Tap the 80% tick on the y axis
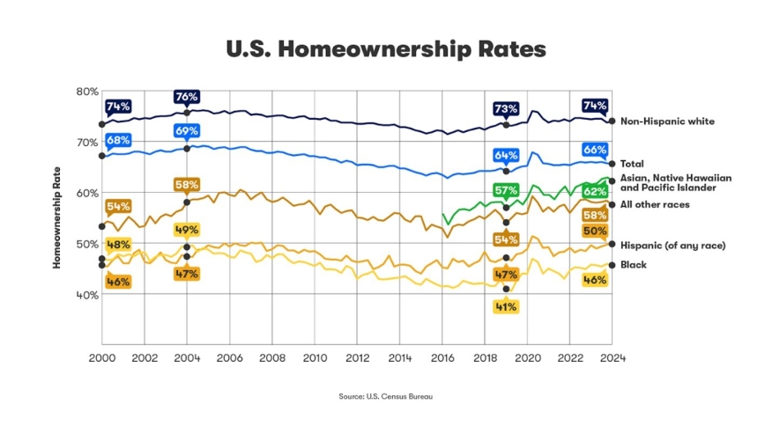click(x=87, y=92)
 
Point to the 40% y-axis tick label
click(x=87, y=295)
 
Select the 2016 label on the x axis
click(x=442, y=359)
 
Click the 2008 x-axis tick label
click(x=272, y=359)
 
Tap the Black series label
click(x=634, y=265)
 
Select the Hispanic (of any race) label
click(x=672, y=245)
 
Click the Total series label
click(x=633, y=164)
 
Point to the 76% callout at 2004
click(x=187, y=97)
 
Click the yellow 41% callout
click(x=506, y=307)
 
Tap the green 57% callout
click(x=506, y=191)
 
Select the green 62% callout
click(x=595, y=191)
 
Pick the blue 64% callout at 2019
click(x=506, y=156)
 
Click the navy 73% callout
click(x=506, y=109)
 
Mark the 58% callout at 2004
click(x=187, y=186)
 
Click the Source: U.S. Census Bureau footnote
click(x=386, y=397)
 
